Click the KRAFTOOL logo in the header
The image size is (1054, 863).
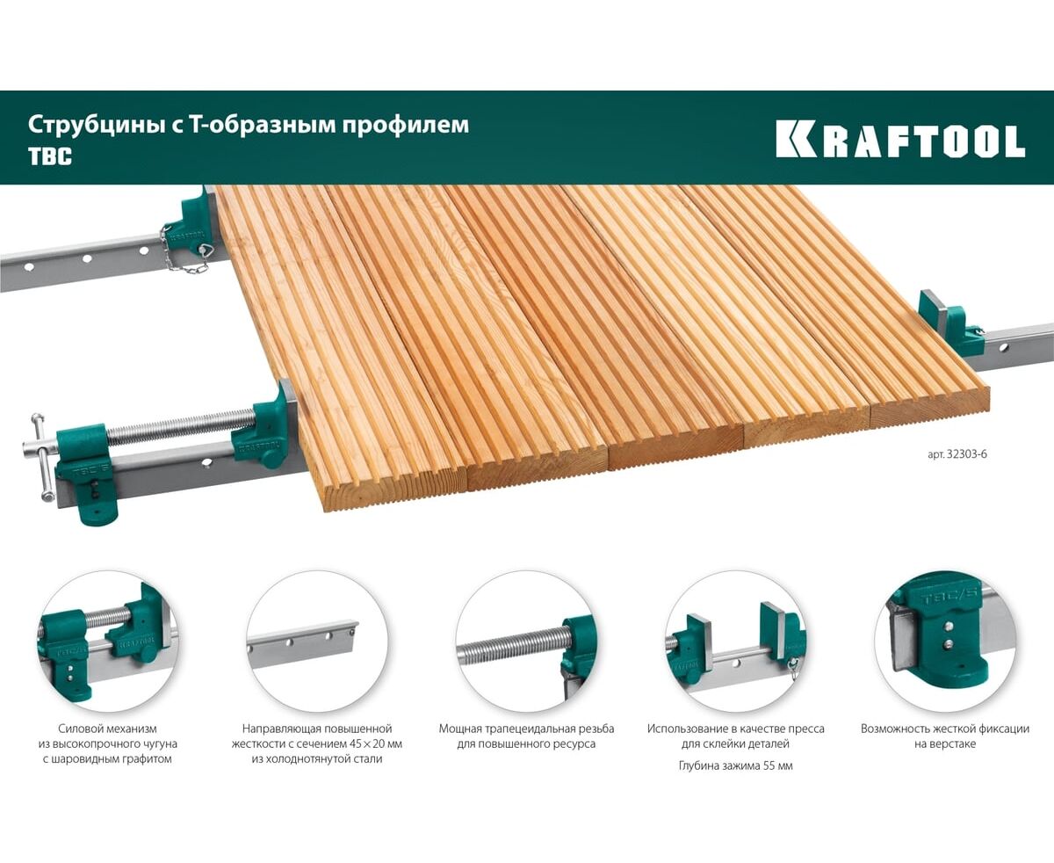point(900,141)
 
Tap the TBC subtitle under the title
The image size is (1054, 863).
point(50,157)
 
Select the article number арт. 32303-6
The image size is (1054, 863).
point(957,454)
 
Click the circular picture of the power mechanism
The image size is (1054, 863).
point(107,641)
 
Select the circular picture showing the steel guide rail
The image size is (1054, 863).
point(317,641)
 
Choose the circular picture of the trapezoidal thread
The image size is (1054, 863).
point(526,641)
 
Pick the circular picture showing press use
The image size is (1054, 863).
point(736,641)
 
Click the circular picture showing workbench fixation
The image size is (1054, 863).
point(945,641)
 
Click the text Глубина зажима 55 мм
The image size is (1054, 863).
point(736,765)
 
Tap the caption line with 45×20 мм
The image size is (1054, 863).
point(317,743)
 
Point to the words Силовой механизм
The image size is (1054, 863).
point(107,729)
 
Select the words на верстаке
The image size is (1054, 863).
point(945,743)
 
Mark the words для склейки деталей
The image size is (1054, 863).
point(735,743)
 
